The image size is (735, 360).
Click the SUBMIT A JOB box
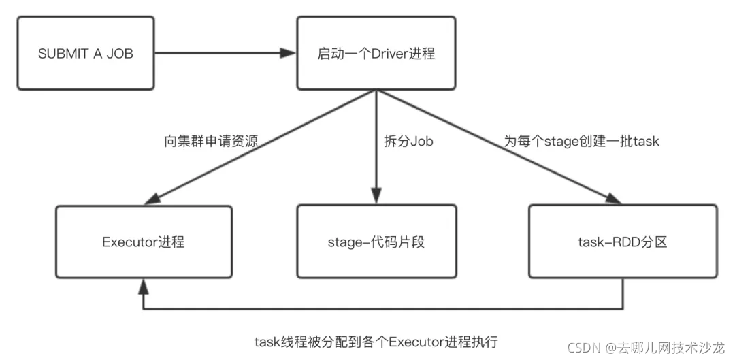click(86, 53)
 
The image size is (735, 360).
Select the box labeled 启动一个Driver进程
click(376, 53)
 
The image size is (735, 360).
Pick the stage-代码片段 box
click(376, 241)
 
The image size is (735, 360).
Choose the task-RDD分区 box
click(623, 241)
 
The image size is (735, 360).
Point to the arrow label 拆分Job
click(409, 142)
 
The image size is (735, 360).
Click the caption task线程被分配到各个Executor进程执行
click(372, 340)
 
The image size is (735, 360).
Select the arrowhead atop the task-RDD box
click(614, 199)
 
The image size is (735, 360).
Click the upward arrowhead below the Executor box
click(143, 284)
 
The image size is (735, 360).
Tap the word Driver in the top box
click(389, 53)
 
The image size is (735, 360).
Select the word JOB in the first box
click(120, 53)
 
